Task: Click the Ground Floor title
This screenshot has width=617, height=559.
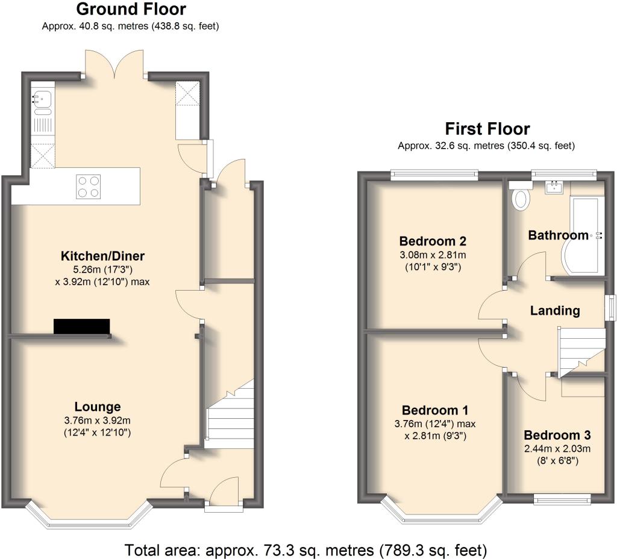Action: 131,10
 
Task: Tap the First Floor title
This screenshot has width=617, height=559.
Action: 487,129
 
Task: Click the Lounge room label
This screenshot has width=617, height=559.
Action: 98,407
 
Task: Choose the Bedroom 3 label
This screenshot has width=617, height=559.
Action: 557,435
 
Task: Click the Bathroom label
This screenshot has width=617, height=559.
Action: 558,235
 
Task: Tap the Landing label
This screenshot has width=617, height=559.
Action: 555,311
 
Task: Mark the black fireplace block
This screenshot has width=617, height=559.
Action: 82,326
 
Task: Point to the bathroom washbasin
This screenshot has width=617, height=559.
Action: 553,188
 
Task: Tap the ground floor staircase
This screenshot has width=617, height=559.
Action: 229,415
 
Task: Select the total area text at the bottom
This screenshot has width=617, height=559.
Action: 305,549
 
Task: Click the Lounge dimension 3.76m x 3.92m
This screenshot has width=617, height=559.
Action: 98,421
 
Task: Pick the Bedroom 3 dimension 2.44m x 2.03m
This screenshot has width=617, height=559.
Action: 557,448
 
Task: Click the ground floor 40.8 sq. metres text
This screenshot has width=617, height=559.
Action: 130,26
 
